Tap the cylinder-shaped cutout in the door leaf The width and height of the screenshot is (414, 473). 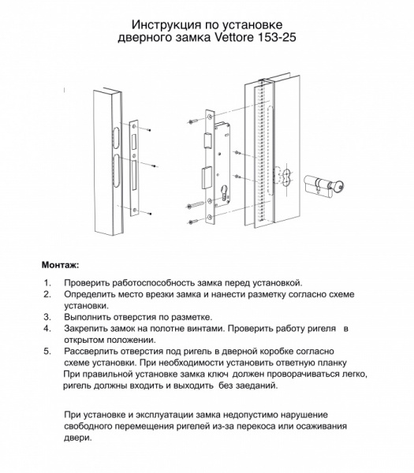[x=285, y=179]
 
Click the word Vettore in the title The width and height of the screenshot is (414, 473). [x=241, y=37]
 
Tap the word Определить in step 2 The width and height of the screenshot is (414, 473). [x=94, y=293]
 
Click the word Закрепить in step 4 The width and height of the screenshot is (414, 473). [x=91, y=326]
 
